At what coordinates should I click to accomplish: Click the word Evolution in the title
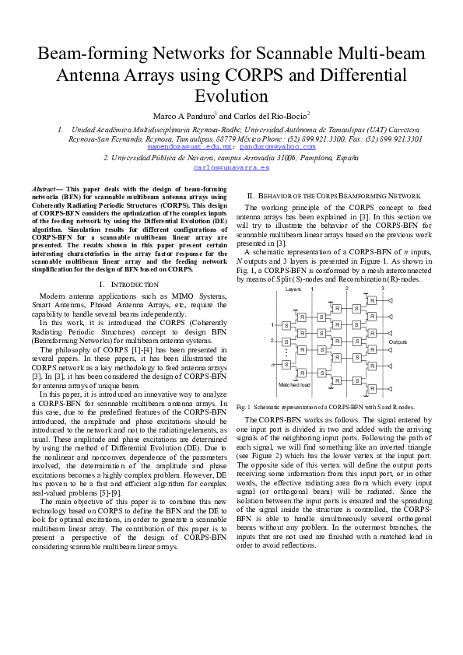pos(231,96)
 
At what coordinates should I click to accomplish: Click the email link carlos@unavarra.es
pos(231,167)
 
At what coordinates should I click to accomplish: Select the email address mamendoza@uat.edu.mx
pos(200,146)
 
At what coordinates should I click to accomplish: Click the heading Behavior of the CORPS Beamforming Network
pos(334,195)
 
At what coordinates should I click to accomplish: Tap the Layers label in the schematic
pos(293,289)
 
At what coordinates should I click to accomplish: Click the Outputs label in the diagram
pos(398,342)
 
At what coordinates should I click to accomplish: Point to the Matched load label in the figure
pos(294,384)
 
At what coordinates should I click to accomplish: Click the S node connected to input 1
pos(286,325)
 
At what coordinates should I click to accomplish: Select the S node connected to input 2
pos(286,341)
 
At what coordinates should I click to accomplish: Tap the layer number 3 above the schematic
pos(382,289)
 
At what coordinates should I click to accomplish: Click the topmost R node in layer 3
pos(372,300)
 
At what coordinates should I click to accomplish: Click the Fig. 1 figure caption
pos(325,407)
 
